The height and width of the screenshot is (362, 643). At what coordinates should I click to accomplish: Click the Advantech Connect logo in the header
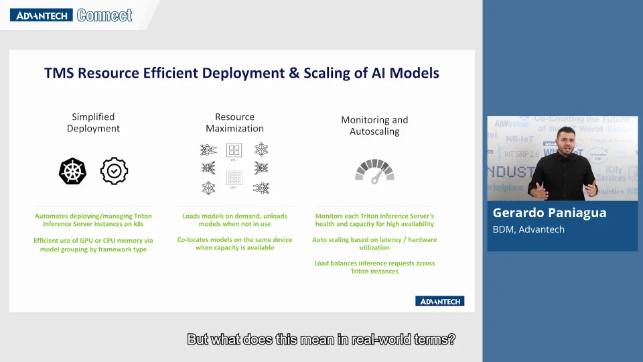71,15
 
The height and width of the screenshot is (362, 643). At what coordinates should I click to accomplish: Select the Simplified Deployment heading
93,123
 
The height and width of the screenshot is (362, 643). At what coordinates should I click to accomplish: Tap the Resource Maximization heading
234,123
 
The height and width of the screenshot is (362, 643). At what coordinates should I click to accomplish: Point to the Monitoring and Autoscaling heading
374,125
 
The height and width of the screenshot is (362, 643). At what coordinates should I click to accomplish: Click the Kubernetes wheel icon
73,172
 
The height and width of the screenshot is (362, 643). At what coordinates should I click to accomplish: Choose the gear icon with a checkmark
114,172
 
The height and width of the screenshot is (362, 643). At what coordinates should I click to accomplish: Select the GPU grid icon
234,178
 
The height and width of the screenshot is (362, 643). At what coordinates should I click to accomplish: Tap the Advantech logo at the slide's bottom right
439,301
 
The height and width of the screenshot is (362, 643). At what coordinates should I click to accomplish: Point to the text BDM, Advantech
528,229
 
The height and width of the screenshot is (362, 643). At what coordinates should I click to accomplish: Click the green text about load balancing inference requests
374,267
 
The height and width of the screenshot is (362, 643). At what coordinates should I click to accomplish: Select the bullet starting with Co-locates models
234,243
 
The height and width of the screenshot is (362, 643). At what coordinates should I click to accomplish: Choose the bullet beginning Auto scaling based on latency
374,243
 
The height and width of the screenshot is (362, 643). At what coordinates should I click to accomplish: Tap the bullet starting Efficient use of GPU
93,245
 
